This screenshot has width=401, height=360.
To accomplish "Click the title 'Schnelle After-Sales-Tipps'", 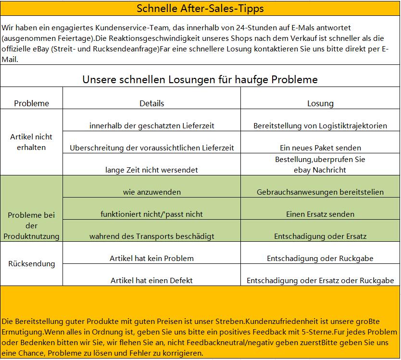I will point(200,9).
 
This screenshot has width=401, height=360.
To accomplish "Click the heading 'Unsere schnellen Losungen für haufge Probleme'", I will point(200,79).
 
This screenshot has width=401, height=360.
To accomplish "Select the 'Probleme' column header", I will point(32,103).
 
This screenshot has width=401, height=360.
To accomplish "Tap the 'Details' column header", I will point(151,103).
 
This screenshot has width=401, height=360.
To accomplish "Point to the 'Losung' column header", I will point(320,103).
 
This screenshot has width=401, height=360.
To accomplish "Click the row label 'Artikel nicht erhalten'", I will point(32,142).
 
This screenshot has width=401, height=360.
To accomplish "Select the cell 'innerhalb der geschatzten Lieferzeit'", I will point(151,126).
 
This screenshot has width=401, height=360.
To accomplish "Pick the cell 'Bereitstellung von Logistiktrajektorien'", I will point(320,126).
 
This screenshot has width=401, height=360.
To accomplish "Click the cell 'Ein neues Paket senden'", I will point(320,148).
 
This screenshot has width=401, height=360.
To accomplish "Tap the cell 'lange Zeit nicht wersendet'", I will point(151,170).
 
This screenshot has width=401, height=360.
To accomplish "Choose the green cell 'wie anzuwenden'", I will point(151,192).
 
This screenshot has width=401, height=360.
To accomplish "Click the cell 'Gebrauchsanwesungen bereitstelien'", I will point(320,192).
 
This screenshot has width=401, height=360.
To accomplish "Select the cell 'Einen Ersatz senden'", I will point(320,214).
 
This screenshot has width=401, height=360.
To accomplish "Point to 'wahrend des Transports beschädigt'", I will point(151,236).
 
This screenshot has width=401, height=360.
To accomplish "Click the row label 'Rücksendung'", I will point(32,264).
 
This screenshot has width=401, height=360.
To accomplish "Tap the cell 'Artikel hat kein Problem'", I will point(151,259).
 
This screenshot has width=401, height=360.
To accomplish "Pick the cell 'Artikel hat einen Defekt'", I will point(151,281).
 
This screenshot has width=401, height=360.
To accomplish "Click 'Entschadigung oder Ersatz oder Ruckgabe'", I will point(320,281).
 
